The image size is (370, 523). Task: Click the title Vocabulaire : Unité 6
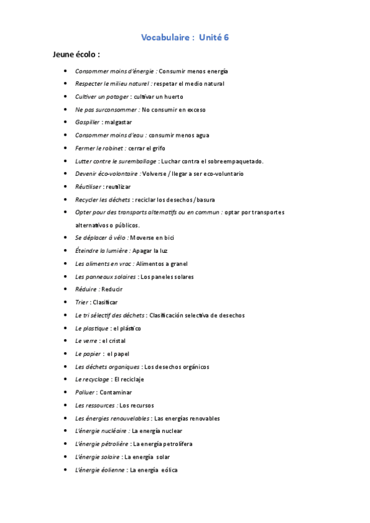coord(185,38)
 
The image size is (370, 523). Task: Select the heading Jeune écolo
coord(76,55)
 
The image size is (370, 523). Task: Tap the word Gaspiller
coord(87,122)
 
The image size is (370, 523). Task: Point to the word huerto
coord(173,97)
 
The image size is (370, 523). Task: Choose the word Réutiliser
coord(88,186)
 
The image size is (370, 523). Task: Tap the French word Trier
coord(82,302)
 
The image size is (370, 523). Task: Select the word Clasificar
coord(105,302)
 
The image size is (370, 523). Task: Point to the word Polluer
coord(85,392)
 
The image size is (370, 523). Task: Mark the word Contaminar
coord(116,392)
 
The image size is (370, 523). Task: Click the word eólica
coord(169,470)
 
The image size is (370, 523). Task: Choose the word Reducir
coord(112,289)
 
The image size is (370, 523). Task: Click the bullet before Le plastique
coord(65,328)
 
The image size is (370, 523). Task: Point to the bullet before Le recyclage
coord(65,379)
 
